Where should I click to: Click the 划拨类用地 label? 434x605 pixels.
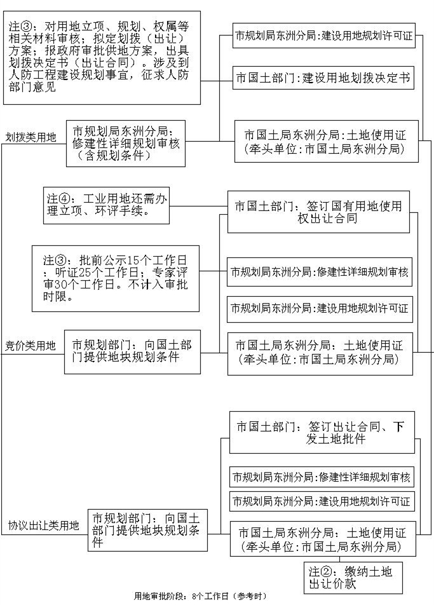pyautogui.click(x=31, y=137)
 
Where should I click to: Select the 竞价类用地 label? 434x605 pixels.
pyautogui.click(x=31, y=346)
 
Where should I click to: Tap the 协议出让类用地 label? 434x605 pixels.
pyautogui.click(x=44, y=526)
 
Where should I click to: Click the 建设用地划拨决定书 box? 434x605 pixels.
pyautogui.click(x=322, y=78)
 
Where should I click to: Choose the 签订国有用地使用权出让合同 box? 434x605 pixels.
pyautogui.click(x=318, y=212)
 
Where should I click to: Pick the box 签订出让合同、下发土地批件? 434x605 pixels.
pyautogui.click(x=322, y=432)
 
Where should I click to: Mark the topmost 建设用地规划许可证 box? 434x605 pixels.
pyautogui.click(x=324, y=35)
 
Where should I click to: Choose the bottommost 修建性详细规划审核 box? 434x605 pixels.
pyautogui.click(x=322, y=477)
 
